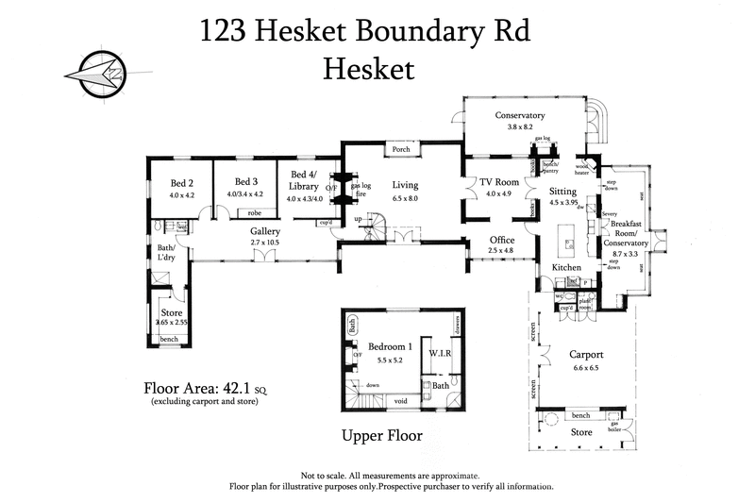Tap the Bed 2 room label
181,182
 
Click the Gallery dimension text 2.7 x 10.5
265,243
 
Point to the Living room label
405,186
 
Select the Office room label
501,240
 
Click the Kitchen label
565,268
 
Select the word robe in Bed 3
254,213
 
